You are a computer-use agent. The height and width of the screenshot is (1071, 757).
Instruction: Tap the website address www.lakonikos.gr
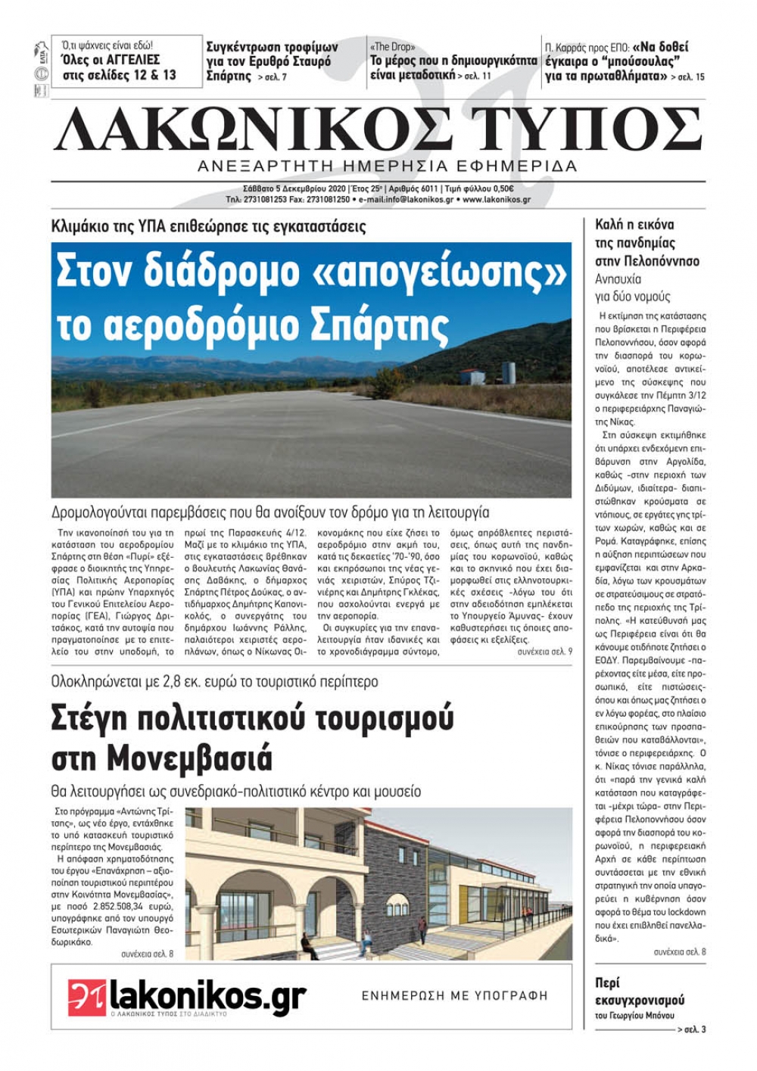pyautogui.click(x=496, y=200)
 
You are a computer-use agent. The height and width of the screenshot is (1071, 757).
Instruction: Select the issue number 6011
pyautogui.click(x=429, y=189)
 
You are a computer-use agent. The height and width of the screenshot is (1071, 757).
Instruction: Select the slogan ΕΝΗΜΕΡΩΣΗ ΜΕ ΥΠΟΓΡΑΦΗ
pyautogui.click(x=454, y=996)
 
